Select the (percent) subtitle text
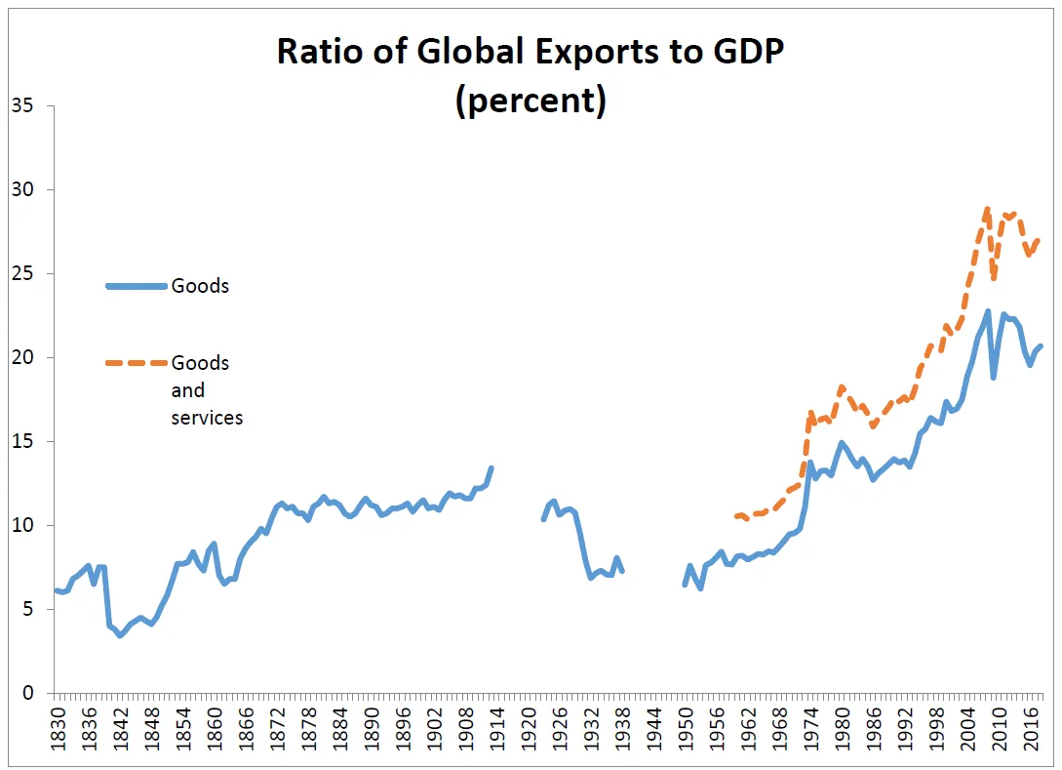click(531, 101)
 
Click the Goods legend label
click(200, 286)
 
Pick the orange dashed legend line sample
click(136, 363)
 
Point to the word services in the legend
click(207, 418)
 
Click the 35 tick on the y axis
click(21, 105)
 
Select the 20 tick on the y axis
click(21, 357)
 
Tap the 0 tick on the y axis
click(27, 694)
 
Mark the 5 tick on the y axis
click(27, 610)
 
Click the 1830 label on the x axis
click(57, 727)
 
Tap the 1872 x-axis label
click(276, 727)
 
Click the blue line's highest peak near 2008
click(988, 311)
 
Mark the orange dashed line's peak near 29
click(987, 208)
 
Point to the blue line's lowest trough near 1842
click(120, 635)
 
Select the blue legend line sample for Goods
click(136, 286)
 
